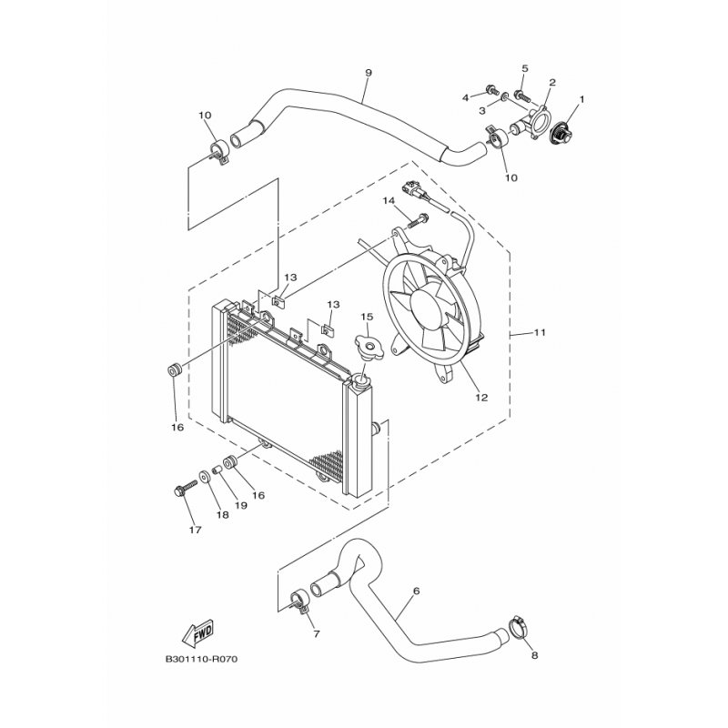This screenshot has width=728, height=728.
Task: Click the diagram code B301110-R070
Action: click(x=201, y=659)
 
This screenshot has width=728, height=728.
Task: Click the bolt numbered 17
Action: click(x=185, y=489)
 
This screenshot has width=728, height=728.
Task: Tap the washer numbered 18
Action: click(x=204, y=476)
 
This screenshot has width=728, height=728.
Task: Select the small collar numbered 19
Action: click(x=216, y=470)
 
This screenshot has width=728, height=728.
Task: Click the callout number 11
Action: click(x=539, y=332)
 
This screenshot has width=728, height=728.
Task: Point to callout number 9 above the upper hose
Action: click(x=369, y=73)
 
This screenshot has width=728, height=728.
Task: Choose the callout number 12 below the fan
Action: click(x=481, y=398)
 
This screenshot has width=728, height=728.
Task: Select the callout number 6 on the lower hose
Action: click(x=416, y=591)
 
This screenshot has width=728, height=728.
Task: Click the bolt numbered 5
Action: click(x=522, y=96)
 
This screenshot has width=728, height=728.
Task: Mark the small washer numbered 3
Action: click(x=503, y=97)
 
